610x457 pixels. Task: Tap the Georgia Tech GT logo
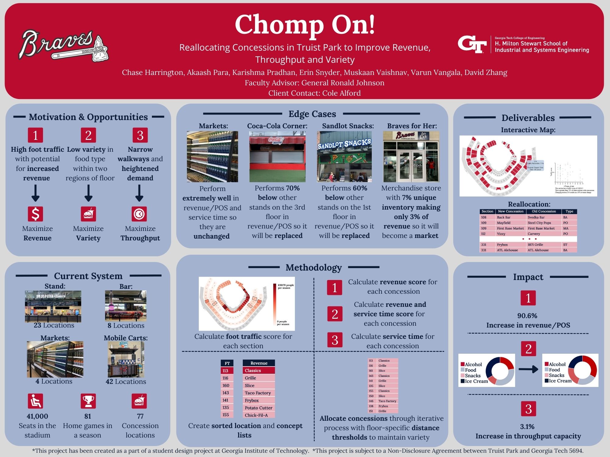tap(472, 44)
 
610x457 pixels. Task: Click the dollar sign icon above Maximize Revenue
tap(35, 214)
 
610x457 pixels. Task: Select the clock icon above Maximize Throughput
tap(139, 214)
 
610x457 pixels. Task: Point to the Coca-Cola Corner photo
tap(277, 157)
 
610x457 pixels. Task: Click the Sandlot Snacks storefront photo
tap(344, 157)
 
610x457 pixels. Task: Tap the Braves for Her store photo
tap(411, 157)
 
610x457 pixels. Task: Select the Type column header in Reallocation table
tap(569, 211)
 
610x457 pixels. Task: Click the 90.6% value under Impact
tap(527, 316)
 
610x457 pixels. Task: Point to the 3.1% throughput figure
tap(527, 427)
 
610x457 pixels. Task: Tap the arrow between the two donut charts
tap(528, 370)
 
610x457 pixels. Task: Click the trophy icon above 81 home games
tap(88, 401)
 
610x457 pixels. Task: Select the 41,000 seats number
tap(37, 416)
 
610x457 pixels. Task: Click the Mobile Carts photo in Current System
tap(126, 360)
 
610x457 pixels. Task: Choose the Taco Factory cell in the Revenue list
tap(258, 393)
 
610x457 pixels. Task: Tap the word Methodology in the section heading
tap(314, 267)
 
